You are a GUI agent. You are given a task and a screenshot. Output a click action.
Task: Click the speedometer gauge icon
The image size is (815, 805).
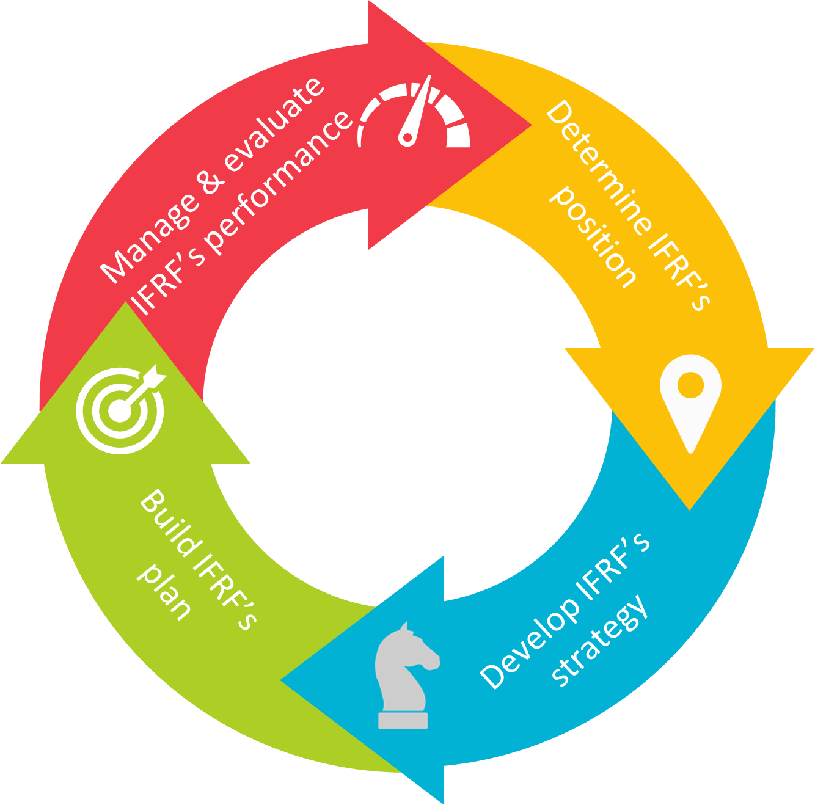point(414,116)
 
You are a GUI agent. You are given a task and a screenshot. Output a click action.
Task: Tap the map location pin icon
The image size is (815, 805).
point(690,400)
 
